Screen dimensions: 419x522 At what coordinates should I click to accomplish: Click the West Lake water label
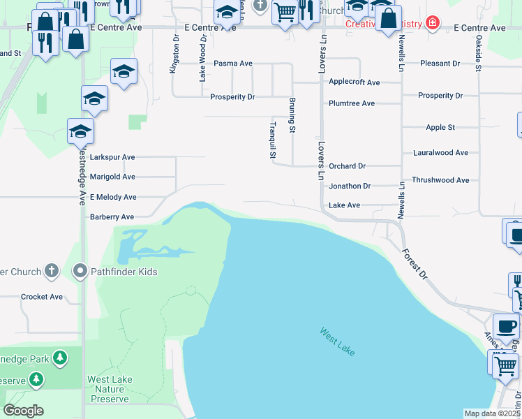[338, 341]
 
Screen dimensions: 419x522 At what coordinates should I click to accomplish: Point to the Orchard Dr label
[348, 166]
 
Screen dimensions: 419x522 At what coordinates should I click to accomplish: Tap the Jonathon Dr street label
[350, 186]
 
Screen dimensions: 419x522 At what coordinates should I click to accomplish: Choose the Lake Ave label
[344, 205]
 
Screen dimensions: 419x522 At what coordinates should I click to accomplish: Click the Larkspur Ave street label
[112, 158]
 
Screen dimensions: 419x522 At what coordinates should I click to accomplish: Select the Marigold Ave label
[112, 177]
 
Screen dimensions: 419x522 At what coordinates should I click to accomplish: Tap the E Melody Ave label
[113, 198]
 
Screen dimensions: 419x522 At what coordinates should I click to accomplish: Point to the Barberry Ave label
[112, 217]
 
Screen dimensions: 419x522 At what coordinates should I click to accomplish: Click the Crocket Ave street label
[42, 297]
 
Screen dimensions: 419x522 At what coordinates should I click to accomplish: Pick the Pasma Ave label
[233, 64]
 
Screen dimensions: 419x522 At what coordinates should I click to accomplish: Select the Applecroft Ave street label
[355, 82]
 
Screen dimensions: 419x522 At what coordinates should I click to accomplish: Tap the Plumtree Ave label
[352, 103]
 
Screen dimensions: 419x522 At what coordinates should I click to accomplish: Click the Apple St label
[440, 128]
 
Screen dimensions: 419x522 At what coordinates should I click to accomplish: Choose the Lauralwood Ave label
[440, 152]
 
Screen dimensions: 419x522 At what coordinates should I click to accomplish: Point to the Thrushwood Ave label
[440, 180]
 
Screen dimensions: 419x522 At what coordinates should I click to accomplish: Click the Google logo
[22, 411]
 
